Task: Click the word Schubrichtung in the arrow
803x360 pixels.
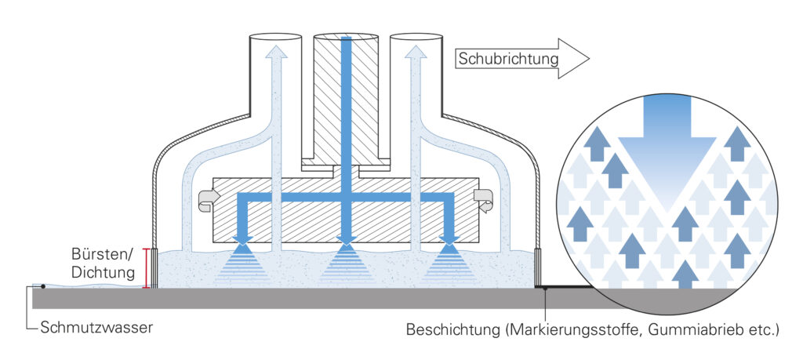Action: pyautogui.click(x=508, y=59)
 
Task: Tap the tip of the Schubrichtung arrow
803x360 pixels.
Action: pyautogui.click(x=590, y=58)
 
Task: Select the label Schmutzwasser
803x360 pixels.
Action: pyautogui.click(x=96, y=328)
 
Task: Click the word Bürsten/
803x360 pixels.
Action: pyautogui.click(x=103, y=255)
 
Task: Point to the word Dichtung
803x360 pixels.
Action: pyautogui.click(x=103, y=273)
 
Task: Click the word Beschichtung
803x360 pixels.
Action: pyautogui.click(x=453, y=329)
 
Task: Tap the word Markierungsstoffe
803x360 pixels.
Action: pyautogui.click(x=573, y=329)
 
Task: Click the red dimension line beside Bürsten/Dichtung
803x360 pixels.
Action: pyautogui.click(x=147, y=268)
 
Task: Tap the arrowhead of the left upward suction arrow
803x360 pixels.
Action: pyautogui.click(x=277, y=51)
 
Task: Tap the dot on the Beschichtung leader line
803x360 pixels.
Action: pyautogui.click(x=546, y=289)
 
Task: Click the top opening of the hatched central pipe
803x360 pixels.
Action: pyautogui.click(x=346, y=37)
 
